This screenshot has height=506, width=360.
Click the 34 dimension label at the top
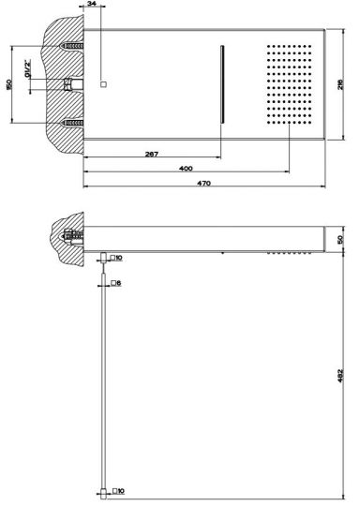pos(92,3)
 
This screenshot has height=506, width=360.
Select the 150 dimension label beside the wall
pos(9,84)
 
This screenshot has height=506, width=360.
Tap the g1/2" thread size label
pos(28,68)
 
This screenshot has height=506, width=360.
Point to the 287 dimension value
pos(152,154)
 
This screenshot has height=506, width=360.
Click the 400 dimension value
pos(186,168)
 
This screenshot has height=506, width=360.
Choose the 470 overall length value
pos(203,183)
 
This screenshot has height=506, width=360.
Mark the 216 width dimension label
pos(340,84)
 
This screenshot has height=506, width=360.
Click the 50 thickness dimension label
pos(340,239)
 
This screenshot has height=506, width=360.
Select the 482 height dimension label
pos(340,376)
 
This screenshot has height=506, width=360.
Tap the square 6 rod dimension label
pos(116,283)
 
